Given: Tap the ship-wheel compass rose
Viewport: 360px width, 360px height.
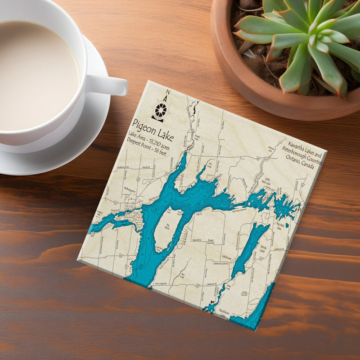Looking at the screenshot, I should (160, 110).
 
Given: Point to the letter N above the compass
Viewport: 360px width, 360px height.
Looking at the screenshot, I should (167, 93).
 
